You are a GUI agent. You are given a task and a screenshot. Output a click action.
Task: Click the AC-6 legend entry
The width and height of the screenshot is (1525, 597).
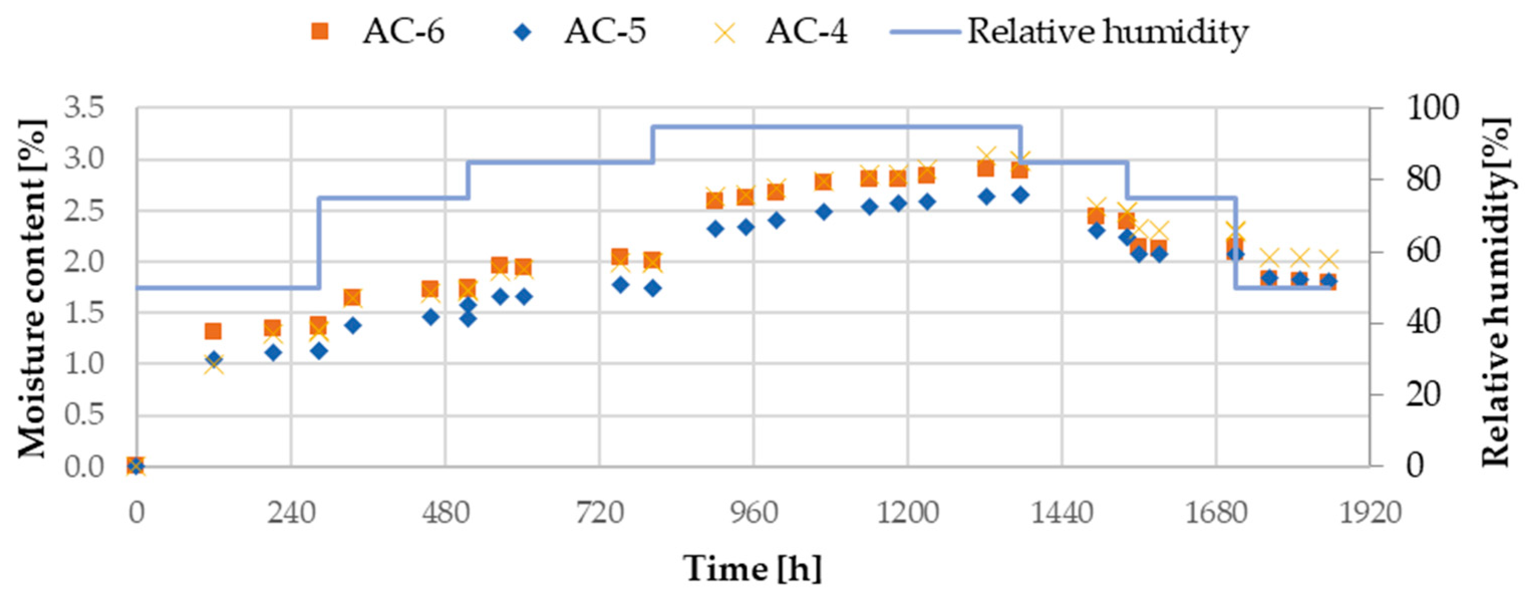379,31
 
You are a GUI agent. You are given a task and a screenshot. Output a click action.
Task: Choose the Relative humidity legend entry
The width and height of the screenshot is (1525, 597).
1069,31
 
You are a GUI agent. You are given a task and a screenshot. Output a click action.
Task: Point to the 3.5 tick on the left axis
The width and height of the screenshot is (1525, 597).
84,108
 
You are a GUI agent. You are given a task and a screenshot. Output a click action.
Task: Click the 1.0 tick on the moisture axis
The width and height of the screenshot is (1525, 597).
84,364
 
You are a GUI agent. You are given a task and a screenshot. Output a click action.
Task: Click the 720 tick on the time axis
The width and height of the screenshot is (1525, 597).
599,513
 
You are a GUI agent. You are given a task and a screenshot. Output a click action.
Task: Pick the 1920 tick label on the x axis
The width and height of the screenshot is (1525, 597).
1370,513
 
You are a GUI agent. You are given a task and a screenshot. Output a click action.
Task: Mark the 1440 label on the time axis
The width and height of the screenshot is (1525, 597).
1062,513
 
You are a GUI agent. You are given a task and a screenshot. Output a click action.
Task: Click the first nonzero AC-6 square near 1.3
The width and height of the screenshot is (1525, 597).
213,331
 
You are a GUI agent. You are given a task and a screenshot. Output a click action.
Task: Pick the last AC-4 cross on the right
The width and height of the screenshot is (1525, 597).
1329,259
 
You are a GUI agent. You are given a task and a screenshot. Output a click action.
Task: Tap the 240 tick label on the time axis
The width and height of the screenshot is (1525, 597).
290,513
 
